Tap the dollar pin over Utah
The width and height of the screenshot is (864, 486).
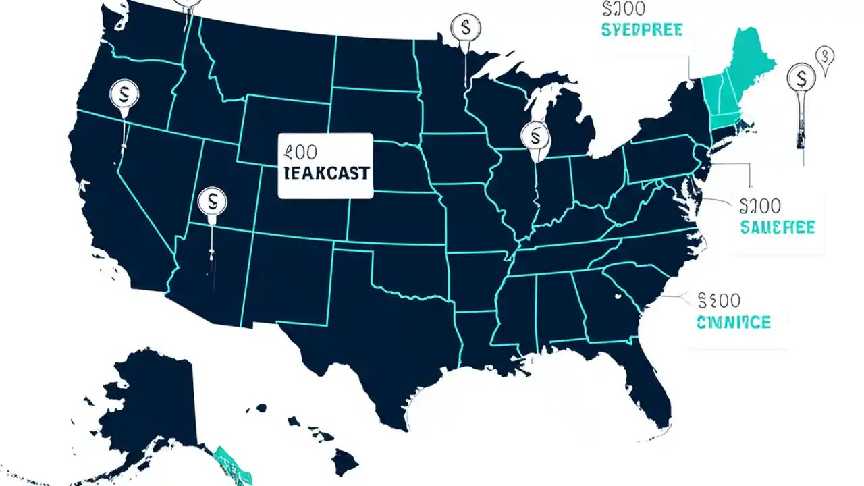[213, 200]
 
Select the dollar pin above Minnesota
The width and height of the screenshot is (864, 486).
[465, 28]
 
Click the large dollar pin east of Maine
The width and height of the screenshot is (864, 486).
[801, 77]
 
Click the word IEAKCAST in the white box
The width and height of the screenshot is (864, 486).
[325, 173]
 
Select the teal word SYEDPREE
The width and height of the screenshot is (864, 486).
[641, 30]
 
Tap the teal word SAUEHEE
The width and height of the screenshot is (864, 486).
[778, 227]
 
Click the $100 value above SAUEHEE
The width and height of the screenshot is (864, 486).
[760, 205]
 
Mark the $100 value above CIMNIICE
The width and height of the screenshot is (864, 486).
[720, 300]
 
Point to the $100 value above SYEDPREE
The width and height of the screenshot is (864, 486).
[622, 8]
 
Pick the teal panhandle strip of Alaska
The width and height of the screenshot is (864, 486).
[233, 464]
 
